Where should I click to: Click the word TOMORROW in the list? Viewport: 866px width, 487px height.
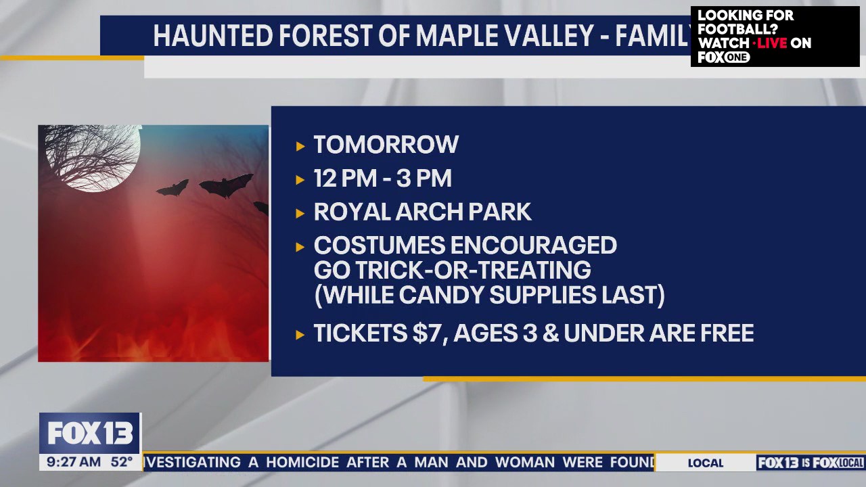(x=386, y=145)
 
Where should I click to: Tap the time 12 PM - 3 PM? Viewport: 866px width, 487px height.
(x=382, y=179)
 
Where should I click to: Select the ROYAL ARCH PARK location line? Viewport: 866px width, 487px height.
(x=422, y=212)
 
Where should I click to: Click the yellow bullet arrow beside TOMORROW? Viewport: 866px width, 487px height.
(x=300, y=145)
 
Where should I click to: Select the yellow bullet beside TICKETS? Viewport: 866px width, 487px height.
(x=300, y=334)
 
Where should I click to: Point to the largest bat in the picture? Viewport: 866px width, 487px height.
(x=226, y=185)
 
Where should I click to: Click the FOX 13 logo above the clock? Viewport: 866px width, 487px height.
(x=90, y=434)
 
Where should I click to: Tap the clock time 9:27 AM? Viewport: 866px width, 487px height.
(x=74, y=463)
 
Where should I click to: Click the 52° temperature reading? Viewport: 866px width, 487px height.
(x=122, y=463)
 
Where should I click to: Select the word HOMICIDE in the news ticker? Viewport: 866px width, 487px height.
(x=302, y=463)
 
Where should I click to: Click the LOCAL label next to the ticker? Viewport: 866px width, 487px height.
(x=705, y=463)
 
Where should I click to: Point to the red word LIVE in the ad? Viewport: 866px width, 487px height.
(x=771, y=43)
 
